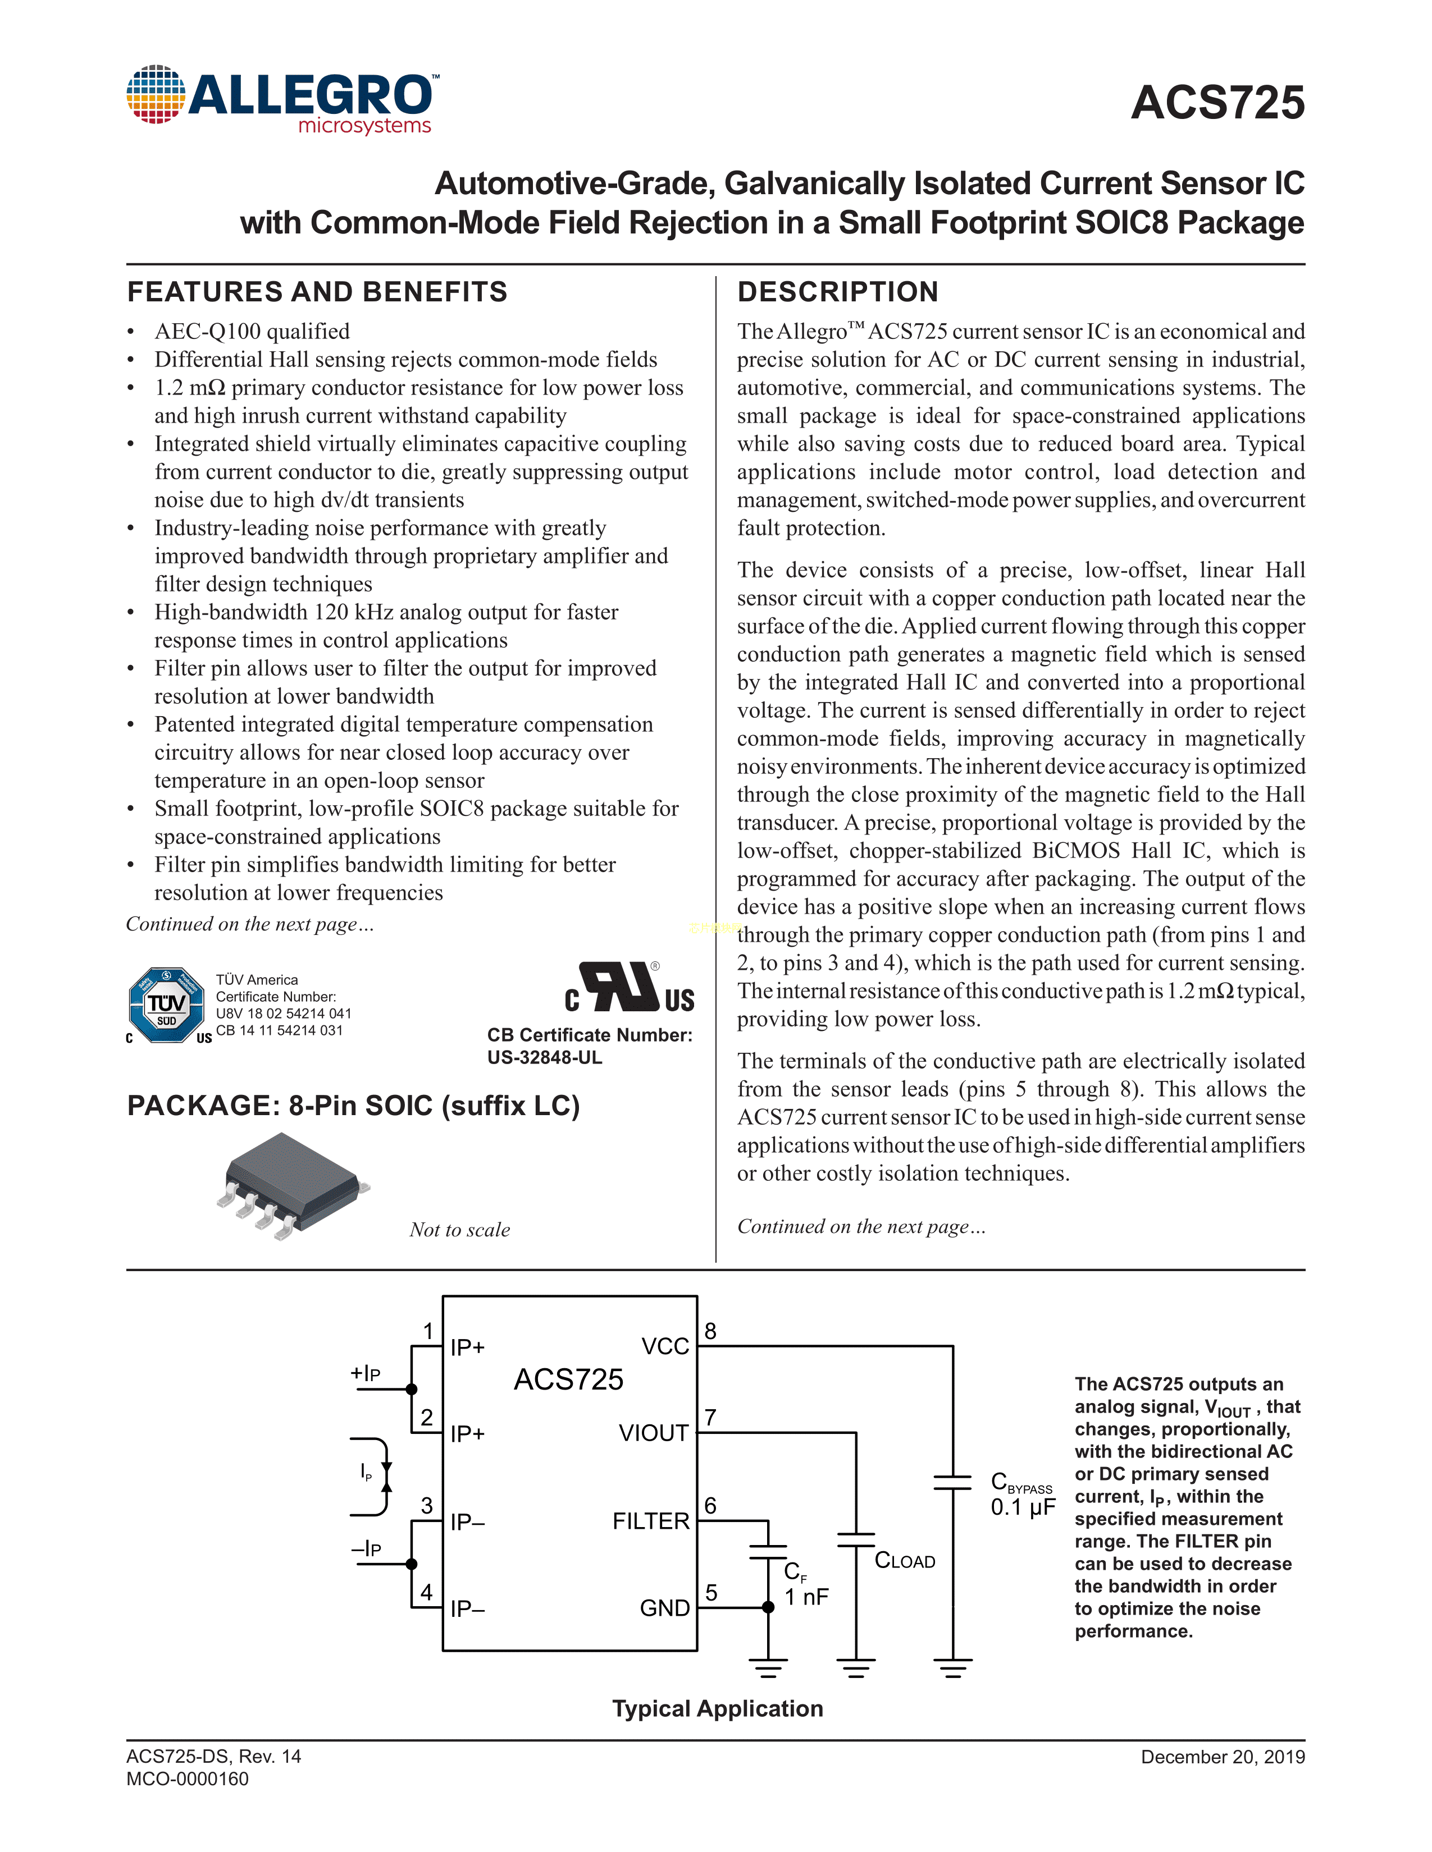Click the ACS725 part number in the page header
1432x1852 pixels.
[1217, 103]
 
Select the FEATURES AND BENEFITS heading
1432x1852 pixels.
[317, 292]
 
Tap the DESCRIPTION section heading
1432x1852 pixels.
[837, 292]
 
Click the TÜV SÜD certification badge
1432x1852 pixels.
[166, 1005]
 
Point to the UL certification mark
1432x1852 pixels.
[630, 988]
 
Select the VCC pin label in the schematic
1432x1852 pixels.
[665, 1346]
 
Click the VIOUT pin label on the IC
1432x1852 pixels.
[653, 1433]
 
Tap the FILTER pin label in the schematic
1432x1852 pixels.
[651, 1521]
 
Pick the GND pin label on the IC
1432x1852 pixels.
[664, 1608]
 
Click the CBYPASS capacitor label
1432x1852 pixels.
[1021, 1484]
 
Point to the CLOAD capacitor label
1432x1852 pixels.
[904, 1561]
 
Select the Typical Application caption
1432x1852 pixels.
[718, 1709]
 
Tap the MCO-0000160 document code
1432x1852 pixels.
[188, 1779]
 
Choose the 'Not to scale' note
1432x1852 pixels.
[460, 1230]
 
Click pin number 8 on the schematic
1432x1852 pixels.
[711, 1331]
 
